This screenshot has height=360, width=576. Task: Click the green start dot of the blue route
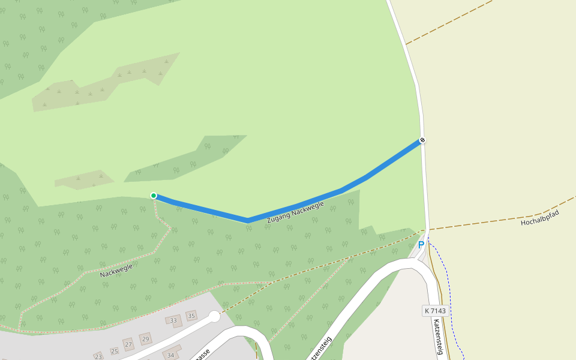coord(154,196)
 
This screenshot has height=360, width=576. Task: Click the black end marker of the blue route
coord(422,140)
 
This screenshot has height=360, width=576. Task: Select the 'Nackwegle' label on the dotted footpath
coord(116,270)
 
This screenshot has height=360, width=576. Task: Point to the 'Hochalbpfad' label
coord(539,218)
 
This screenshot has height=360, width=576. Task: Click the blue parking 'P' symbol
coord(421,245)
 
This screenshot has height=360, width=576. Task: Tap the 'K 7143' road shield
coord(435,311)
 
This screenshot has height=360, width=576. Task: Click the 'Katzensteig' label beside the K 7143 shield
coord(437,337)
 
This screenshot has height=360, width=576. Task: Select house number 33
coord(173,321)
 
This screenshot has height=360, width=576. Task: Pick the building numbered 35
coord(191,316)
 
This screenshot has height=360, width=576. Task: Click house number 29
coord(145,339)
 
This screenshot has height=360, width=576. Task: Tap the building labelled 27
coord(128,344)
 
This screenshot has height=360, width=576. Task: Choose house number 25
coord(114,350)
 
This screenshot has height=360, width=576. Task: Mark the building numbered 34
coord(170,355)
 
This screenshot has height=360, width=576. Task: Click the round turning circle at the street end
coord(214,316)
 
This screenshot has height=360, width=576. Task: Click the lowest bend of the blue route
coord(248,220)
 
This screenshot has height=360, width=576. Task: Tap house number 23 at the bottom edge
coord(98,356)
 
